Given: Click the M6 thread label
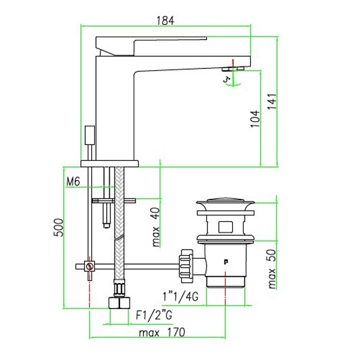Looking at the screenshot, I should point(74,182).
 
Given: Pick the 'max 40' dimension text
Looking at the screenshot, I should point(156,227).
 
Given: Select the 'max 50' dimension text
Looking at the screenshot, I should point(272,269).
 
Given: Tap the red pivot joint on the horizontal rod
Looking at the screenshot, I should point(89,266).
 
